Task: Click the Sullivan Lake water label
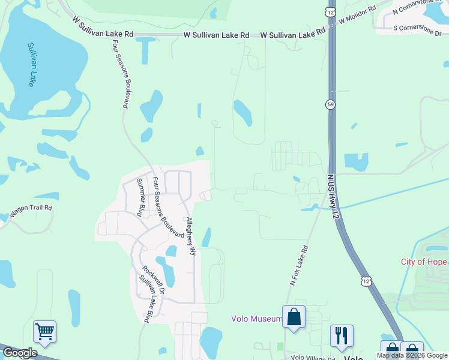(31, 65)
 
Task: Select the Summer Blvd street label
(141, 197)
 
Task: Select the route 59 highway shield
(330, 104)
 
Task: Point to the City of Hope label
(424, 262)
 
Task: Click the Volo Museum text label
(256, 319)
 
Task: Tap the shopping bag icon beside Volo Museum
(294, 317)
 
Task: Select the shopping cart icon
(44, 331)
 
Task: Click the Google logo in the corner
(20, 353)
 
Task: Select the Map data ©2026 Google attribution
(412, 355)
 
